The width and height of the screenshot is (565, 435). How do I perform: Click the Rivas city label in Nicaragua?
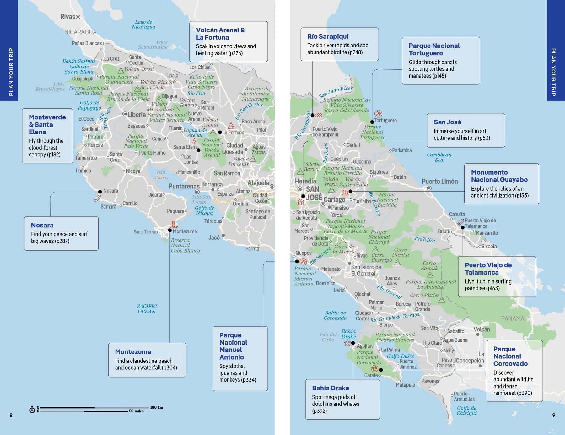pos(67,17)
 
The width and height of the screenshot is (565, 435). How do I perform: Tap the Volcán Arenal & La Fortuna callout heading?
pos(220,34)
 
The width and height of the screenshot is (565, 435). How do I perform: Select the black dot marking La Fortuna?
pos(220,133)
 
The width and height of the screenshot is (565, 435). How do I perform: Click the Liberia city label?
pos(136,115)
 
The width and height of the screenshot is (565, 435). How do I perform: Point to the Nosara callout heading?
pos(42,225)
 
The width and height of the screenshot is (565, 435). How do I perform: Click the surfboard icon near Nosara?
pos(97,198)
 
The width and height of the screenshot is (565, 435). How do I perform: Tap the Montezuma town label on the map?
pos(185,231)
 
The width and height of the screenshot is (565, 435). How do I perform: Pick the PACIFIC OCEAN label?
pos(147,309)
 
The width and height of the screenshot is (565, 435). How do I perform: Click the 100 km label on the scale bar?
pos(156,407)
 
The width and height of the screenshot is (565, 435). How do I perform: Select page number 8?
pos(11,415)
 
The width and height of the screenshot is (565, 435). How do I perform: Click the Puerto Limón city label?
pos(439,182)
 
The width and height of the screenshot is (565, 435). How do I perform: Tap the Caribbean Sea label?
pos(439,157)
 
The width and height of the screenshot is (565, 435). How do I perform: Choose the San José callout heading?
pos(447,122)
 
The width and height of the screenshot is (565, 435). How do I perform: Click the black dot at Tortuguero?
pos(372,122)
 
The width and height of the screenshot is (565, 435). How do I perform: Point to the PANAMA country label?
pos(512,318)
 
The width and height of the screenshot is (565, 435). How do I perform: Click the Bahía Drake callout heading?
pos(330,388)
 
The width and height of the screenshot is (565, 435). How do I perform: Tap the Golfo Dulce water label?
pos(400,356)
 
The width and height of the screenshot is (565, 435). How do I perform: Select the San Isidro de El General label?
pos(366,270)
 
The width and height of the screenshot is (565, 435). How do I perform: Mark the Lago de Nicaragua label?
pos(143,24)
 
